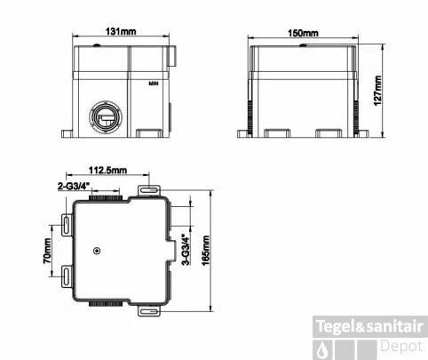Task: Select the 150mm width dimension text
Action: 304,33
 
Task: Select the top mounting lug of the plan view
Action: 148,192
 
